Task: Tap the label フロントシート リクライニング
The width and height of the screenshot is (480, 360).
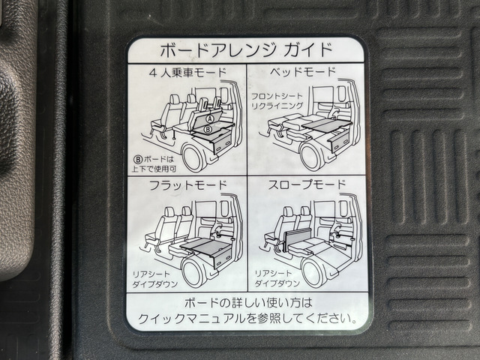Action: [277, 101]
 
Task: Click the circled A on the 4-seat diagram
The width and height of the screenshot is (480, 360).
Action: [210, 118]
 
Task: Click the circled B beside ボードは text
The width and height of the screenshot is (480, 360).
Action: [139, 158]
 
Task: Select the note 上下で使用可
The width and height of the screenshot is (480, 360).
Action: [156, 169]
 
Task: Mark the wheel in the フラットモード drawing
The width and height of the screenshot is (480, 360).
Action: [193, 271]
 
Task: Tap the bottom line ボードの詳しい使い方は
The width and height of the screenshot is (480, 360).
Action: [247, 302]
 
